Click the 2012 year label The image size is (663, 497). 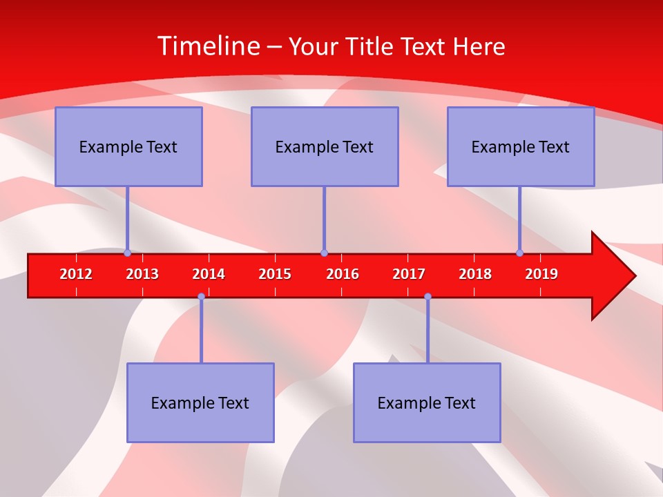point(76,274)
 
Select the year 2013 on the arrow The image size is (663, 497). point(142,274)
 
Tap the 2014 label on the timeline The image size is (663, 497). point(209,274)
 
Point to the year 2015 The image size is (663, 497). point(275,274)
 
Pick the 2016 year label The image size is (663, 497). point(343,274)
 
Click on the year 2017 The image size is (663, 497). point(409,274)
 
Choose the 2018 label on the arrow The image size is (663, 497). point(475,274)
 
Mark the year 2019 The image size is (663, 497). point(541,274)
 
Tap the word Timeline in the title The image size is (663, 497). point(207,46)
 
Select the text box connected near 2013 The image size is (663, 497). point(128,146)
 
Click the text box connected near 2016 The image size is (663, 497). point(325,146)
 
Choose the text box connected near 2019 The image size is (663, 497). point(521,146)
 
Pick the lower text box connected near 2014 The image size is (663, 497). point(200,402)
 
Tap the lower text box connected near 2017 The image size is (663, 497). point(427,402)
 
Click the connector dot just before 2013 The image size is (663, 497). point(128,253)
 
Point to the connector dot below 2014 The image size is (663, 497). point(201,296)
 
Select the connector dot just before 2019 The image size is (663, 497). point(520,253)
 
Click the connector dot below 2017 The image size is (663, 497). point(427,296)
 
